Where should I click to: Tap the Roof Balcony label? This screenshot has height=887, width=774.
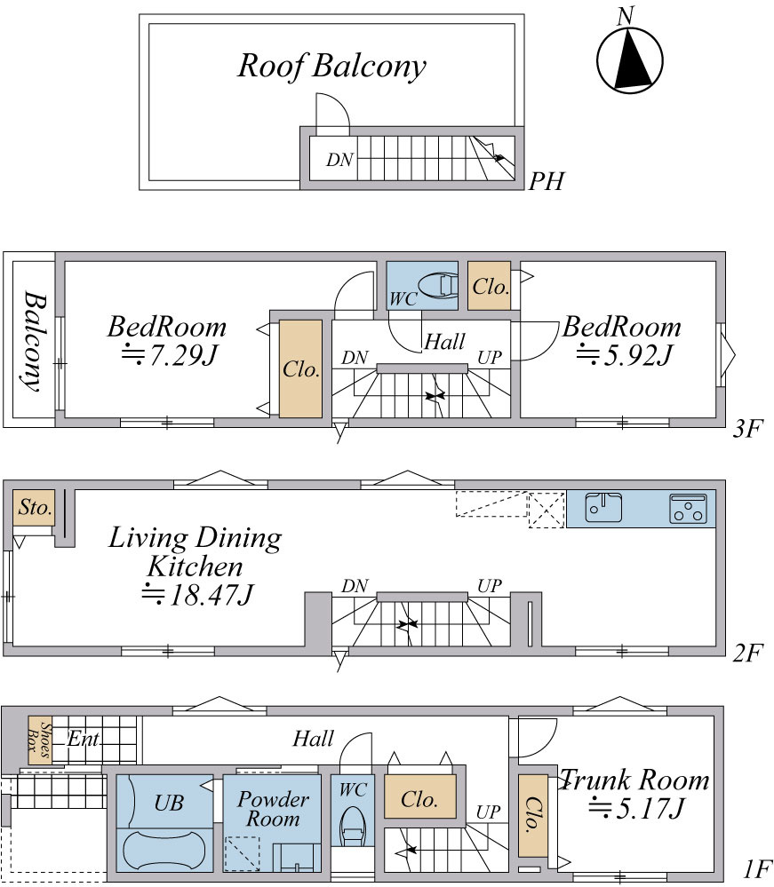(331, 67)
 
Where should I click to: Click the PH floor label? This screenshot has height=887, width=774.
(546, 182)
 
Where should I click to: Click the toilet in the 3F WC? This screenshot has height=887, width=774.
(439, 285)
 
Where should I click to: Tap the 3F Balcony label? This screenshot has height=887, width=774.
(34, 341)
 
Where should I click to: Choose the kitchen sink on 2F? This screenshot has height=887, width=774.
(603, 507)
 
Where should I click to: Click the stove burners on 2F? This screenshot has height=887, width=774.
(687, 508)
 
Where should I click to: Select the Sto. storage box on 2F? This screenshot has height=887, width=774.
(34, 507)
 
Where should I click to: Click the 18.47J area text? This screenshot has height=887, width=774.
(197, 595)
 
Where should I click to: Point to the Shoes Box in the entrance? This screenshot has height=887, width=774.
(40, 740)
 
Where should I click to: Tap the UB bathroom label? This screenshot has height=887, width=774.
(169, 803)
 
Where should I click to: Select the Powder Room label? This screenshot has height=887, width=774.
(273, 809)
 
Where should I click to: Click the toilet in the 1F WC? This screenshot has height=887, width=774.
(352, 827)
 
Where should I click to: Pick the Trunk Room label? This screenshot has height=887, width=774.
(634, 780)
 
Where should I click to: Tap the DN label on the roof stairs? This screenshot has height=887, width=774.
(339, 160)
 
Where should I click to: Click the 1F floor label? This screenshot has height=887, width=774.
(755, 868)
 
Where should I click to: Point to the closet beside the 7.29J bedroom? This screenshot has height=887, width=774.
(300, 368)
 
